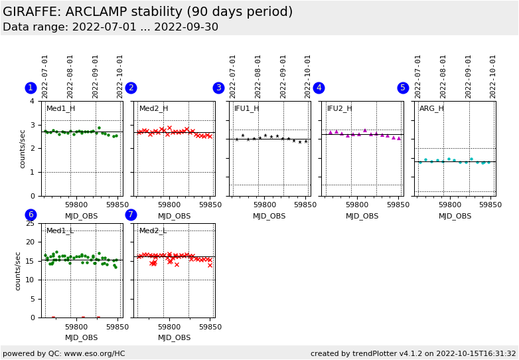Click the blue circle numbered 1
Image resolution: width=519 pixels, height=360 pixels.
point(31,88)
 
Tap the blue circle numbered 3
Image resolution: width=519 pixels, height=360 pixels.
point(218,88)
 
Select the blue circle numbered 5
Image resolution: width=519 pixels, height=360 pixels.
point(403,88)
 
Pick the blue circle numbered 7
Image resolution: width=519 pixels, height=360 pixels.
point(131,215)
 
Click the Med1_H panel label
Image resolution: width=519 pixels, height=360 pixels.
point(60,108)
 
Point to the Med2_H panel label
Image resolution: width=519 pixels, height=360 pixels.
point(153,108)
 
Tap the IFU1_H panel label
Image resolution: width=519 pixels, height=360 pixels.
point(246,108)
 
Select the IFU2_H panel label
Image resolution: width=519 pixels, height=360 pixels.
point(339,108)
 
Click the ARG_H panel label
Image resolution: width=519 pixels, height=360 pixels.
point(431,108)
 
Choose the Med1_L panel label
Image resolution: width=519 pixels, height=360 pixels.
point(60,230)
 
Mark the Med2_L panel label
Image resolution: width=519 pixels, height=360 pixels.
point(153,230)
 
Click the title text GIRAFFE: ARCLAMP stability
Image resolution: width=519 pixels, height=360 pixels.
point(147,12)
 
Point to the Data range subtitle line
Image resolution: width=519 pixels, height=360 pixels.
point(110,27)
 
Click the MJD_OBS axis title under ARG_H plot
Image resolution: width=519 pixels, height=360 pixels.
point(455,216)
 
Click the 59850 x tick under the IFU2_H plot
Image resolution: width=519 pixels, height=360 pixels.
point(399,205)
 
